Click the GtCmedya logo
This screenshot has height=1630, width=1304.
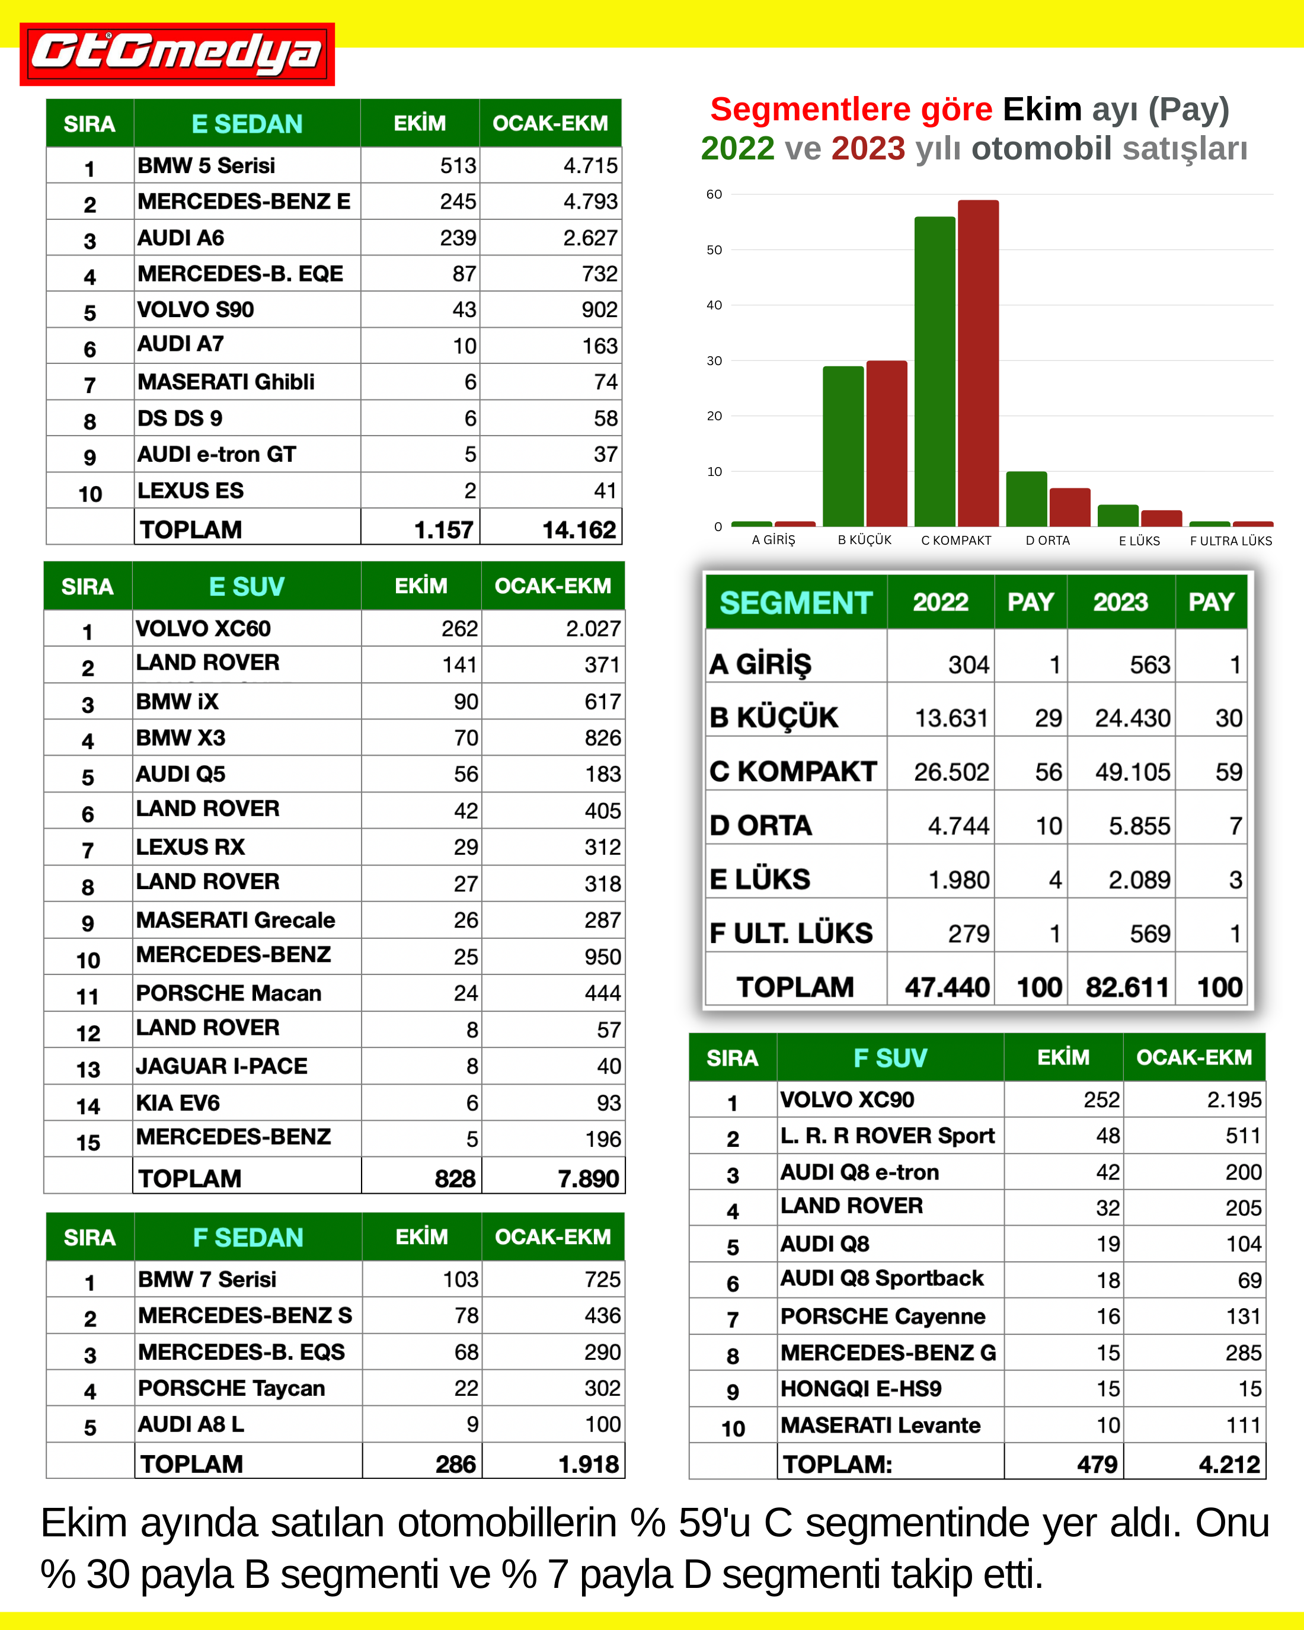click(177, 54)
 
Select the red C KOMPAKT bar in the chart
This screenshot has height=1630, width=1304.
click(978, 363)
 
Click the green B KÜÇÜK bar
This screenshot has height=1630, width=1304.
click(843, 446)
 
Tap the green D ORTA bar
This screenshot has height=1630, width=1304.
click(1026, 499)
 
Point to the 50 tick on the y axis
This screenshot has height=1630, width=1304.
click(714, 250)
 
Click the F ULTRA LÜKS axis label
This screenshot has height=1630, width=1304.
click(1231, 541)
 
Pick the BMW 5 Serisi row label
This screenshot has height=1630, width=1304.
click(206, 165)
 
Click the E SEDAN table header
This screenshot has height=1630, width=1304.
click(247, 124)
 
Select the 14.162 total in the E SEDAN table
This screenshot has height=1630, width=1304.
click(579, 529)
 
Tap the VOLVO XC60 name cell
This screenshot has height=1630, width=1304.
click(203, 628)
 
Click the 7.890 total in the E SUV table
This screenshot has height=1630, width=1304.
click(588, 1178)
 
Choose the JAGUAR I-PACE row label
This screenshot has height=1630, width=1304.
click(222, 1066)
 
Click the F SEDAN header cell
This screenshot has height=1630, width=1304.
click(248, 1237)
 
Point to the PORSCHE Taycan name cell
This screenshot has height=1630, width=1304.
click(231, 1388)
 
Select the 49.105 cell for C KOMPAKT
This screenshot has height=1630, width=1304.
click(1132, 772)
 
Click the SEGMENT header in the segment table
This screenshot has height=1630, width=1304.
click(795, 603)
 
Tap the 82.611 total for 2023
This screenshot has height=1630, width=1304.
click(1126, 987)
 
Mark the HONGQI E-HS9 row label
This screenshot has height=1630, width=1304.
click(861, 1389)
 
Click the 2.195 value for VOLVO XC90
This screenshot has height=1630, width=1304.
click(1233, 1100)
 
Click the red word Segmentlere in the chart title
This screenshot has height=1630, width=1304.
click(851, 110)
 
